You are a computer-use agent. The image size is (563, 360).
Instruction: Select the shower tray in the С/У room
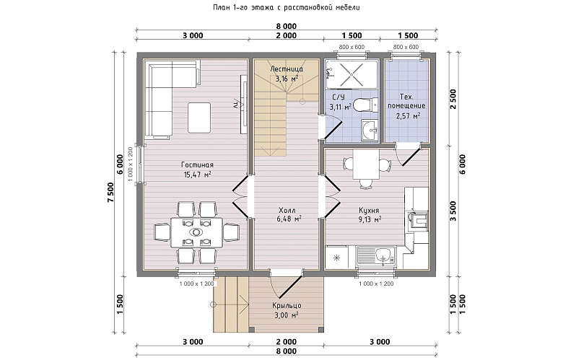click(352, 74)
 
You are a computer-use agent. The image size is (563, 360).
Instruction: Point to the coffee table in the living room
click(199, 118)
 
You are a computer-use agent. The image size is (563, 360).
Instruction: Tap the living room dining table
click(196, 232)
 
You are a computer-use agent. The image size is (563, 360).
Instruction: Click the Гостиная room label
click(197, 164)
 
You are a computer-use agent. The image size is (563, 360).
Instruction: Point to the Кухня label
click(369, 211)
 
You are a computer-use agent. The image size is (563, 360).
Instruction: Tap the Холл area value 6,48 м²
click(289, 219)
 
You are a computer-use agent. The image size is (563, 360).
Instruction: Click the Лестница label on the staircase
click(287, 69)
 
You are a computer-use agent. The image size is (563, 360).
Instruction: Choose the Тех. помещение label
click(406, 102)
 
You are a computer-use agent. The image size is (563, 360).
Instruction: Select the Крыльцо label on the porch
click(287, 306)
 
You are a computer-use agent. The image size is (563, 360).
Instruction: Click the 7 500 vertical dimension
click(110, 193)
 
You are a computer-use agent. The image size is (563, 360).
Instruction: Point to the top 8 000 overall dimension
click(286, 26)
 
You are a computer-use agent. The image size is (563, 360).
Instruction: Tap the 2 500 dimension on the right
click(453, 100)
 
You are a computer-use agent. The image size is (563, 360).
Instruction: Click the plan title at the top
click(286, 7)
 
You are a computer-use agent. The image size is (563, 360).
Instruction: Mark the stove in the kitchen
click(417, 219)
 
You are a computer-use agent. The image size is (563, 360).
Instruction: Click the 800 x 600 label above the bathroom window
click(352, 47)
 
